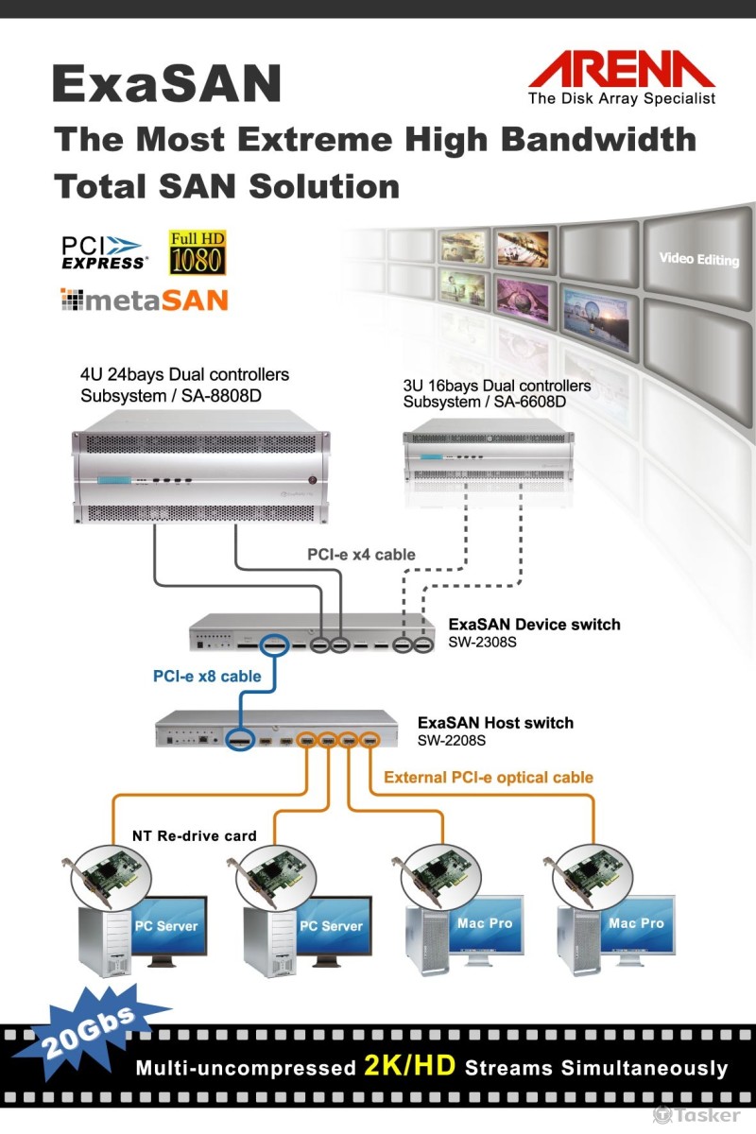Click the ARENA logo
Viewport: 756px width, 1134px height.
coord(621,76)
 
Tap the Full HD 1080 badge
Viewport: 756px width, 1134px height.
coord(198,252)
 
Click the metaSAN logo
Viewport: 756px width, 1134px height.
coord(144,301)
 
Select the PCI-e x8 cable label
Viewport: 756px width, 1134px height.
coord(207,677)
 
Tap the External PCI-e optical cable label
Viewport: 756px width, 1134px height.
coord(488,778)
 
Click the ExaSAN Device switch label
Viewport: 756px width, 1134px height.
coord(534,625)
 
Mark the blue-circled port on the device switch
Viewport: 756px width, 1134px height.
coord(275,644)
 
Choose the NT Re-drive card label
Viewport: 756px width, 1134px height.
coord(194,835)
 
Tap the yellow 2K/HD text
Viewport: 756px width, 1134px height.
coord(409,1067)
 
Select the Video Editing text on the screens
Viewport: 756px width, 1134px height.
coord(698,259)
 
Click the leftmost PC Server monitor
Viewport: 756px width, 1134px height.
coord(165,928)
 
